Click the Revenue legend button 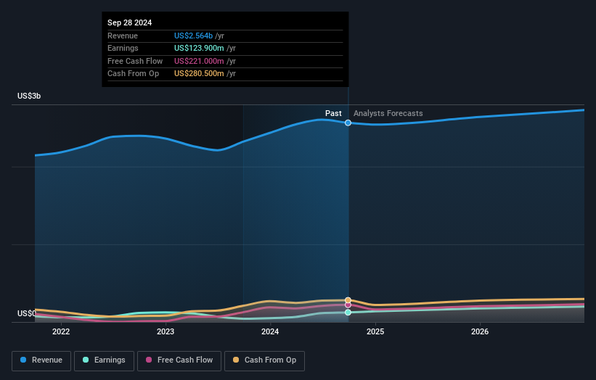(41, 360)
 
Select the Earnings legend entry (105, 360)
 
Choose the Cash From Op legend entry (264, 360)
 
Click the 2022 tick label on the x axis (61, 332)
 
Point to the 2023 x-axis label (166, 332)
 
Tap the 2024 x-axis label (270, 332)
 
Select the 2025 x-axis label (375, 332)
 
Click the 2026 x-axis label (480, 332)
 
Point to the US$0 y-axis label (26, 313)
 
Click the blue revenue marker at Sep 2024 (348, 123)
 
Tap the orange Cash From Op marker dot (348, 300)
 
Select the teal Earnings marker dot (348, 313)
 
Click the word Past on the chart (333, 113)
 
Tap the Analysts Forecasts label (388, 113)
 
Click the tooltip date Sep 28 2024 (130, 22)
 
